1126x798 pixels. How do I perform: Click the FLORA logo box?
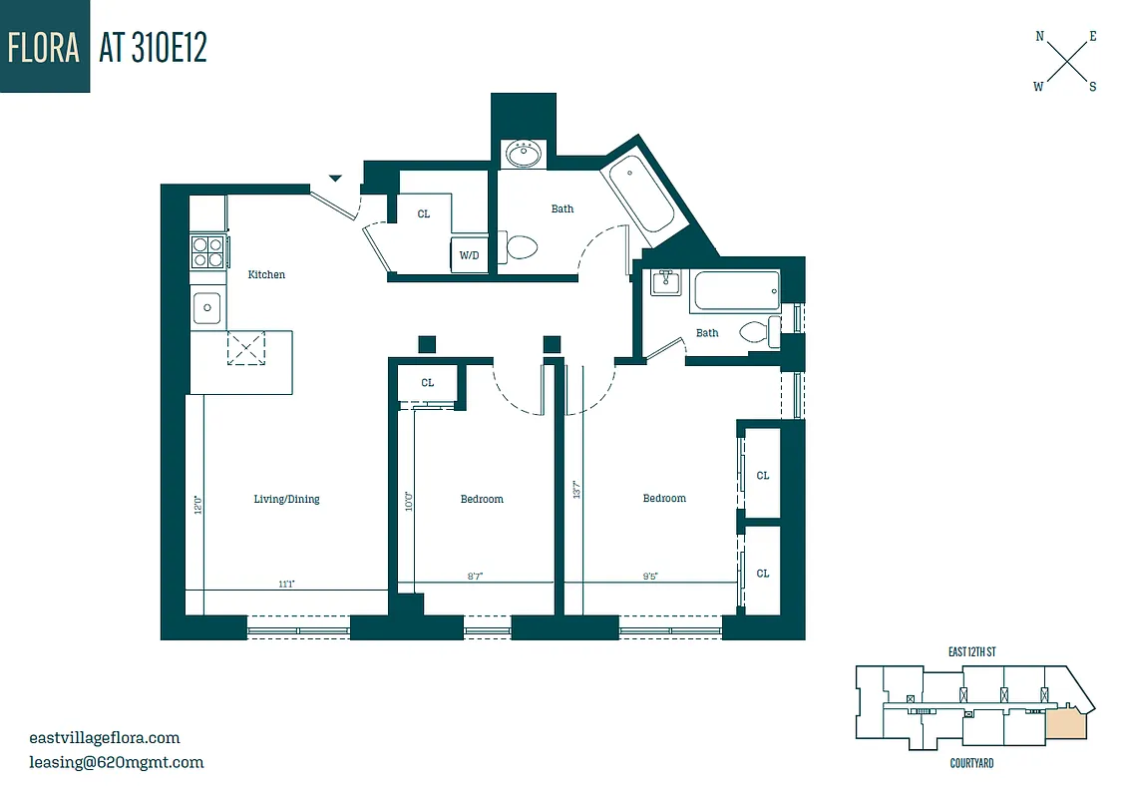point(45,47)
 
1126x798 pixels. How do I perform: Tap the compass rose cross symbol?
point(1066,62)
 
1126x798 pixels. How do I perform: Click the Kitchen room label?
point(266,274)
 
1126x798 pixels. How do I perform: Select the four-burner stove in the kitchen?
point(207,250)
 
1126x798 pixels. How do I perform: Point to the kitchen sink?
point(207,307)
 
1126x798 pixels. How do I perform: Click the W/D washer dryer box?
point(469,254)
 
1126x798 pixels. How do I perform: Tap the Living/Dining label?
point(286,499)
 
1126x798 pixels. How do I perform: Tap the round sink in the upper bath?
point(523,155)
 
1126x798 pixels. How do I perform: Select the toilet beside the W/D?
point(520,246)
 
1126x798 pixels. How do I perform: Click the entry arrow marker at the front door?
point(336,179)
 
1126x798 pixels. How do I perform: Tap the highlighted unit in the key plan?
point(1066,723)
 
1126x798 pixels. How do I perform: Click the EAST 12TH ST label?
point(971,651)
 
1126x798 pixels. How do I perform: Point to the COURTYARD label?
point(970,763)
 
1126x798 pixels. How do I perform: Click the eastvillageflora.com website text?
point(105,738)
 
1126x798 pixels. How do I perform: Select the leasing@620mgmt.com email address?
point(117,762)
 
